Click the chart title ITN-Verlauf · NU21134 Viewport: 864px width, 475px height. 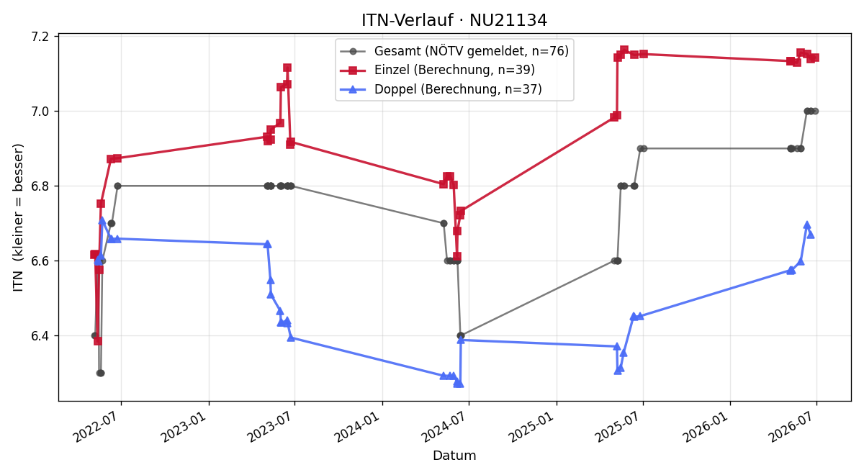pyautogui.click(x=454, y=20)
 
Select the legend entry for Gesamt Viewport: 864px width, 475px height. pyautogui.click(x=454, y=51)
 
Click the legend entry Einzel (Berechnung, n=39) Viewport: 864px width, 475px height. pyautogui.click(x=438, y=70)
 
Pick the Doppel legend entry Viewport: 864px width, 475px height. pyautogui.click(x=441, y=89)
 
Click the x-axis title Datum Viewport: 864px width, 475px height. pyautogui.click(x=454, y=456)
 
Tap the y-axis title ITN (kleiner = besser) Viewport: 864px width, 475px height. pyautogui.click(x=18, y=218)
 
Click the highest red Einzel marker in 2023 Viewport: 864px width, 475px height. pyautogui.click(x=287, y=68)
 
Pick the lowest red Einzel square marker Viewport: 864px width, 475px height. pyautogui.click(x=98, y=341)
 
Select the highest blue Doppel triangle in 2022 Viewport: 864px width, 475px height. pyautogui.click(x=102, y=220)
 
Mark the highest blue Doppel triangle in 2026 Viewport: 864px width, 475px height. pyautogui.click(x=807, y=225)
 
